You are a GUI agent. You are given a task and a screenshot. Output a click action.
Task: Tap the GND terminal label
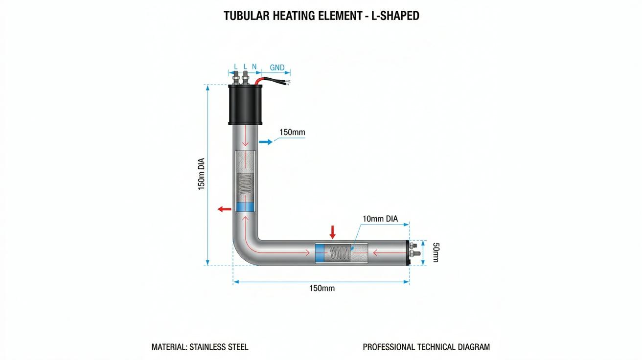277,67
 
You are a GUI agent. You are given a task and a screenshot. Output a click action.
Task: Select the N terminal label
254,67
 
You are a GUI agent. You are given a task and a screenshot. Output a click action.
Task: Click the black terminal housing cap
245,105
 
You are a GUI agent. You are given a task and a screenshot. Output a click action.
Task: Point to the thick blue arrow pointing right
266,142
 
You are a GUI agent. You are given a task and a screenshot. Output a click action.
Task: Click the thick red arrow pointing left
224,209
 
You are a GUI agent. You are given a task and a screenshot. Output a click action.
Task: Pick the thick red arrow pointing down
332,232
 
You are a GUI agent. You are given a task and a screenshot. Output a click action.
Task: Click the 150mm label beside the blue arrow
292,133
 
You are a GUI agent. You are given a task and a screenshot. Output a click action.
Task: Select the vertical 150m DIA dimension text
202,174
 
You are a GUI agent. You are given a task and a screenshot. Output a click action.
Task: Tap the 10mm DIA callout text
380,219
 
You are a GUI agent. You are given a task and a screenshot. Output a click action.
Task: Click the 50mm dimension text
436,252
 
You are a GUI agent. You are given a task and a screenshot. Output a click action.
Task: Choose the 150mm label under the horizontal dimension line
322,288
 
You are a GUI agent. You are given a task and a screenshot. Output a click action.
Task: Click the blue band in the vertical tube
245,206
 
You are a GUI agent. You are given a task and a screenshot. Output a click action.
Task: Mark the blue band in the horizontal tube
320,253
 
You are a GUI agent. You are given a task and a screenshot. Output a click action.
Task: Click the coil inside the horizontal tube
339,252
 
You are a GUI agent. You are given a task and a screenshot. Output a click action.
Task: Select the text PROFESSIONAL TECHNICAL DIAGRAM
426,347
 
